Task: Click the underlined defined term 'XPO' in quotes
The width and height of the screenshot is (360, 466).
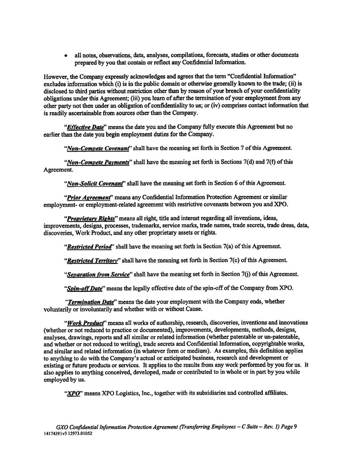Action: point(72,393)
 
